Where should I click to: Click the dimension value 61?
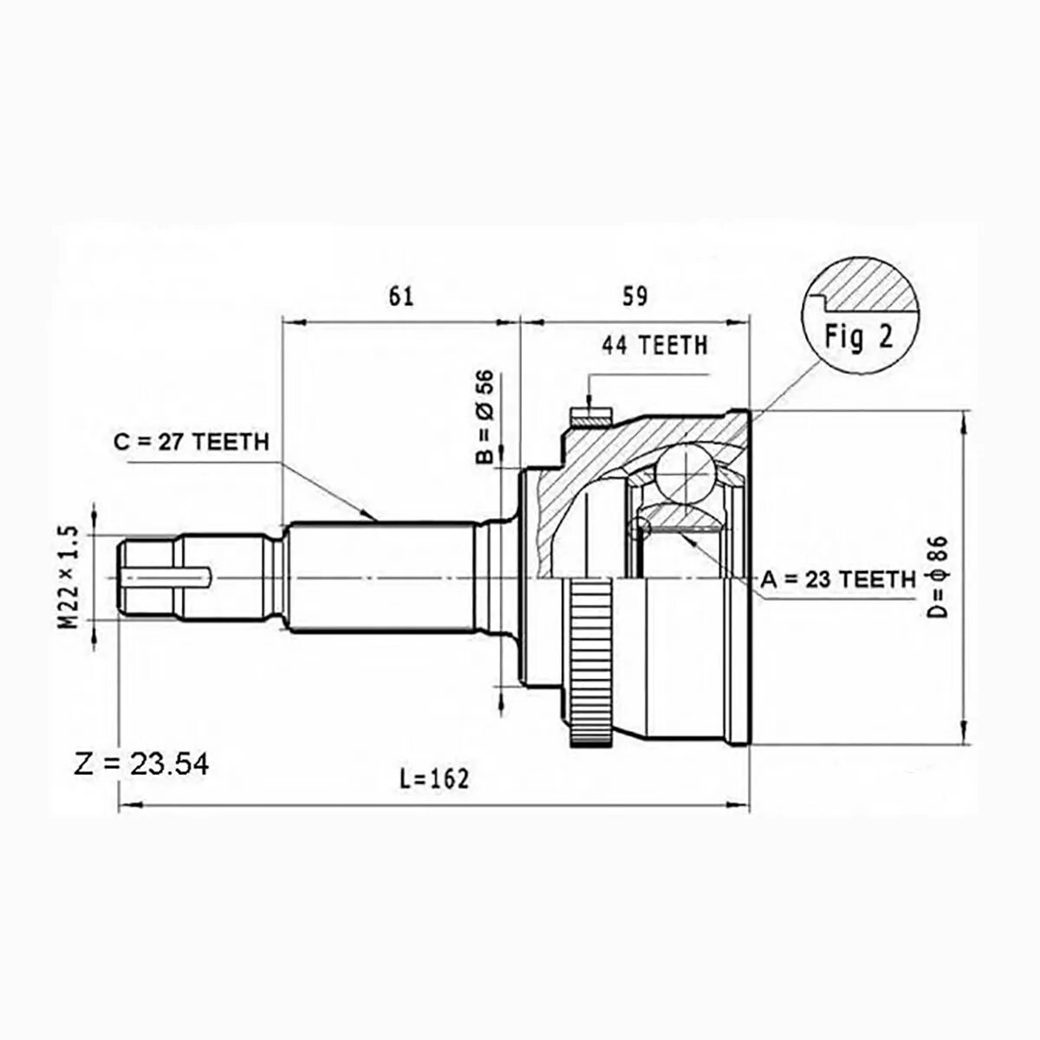tap(400, 297)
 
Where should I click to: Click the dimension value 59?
tap(634, 297)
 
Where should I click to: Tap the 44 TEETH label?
tap(654, 346)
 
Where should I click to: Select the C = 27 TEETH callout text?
tap(192, 442)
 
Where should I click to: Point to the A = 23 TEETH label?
tap(838, 580)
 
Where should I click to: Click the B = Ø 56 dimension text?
tap(484, 417)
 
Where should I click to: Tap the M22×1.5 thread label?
tap(69, 580)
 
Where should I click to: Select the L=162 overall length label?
tap(435, 778)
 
